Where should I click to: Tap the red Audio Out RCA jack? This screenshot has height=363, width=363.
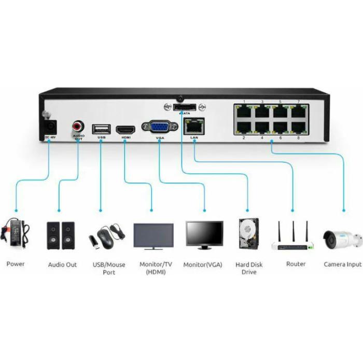[78, 125]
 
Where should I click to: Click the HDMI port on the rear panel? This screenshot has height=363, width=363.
[125, 129]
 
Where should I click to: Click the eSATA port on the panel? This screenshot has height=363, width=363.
[184, 107]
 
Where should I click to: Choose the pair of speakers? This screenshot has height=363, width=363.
[61, 235]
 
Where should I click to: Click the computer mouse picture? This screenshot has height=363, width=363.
[107, 239]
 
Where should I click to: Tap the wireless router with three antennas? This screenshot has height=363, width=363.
[293, 238]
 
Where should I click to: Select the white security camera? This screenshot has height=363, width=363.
[342, 239]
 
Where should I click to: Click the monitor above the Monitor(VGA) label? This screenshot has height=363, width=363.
[204, 235]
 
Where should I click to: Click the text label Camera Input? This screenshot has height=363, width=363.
[342, 264]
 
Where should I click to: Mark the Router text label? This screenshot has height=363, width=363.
[296, 264]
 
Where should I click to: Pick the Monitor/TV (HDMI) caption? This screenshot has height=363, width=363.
[153, 268]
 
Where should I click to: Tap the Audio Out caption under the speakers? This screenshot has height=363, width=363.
[62, 264]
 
